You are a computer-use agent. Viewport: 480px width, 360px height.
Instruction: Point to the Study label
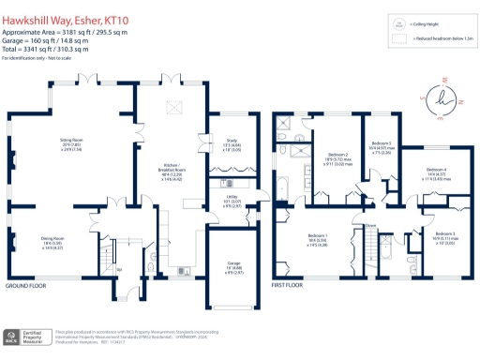230,146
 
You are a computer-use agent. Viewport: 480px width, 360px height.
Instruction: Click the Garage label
230,265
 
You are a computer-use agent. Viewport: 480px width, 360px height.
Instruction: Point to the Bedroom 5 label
380,147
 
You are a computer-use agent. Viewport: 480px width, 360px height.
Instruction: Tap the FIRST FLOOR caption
291,284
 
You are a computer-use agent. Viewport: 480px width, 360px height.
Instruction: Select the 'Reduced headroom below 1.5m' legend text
440,39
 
